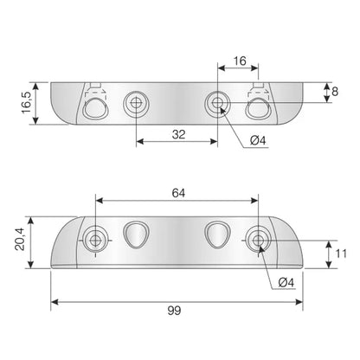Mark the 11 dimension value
[340, 254]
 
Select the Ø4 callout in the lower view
[288, 281]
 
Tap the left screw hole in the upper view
[134, 105]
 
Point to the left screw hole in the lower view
[95, 238]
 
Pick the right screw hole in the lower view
[257, 238]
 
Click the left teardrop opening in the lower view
[134, 234]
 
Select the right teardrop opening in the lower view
[216, 234]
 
